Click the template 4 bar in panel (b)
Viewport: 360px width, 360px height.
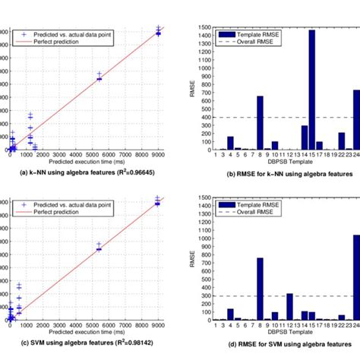pyautogui.click(x=230, y=143)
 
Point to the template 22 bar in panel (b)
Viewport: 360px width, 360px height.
pyautogui.click(x=341, y=141)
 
